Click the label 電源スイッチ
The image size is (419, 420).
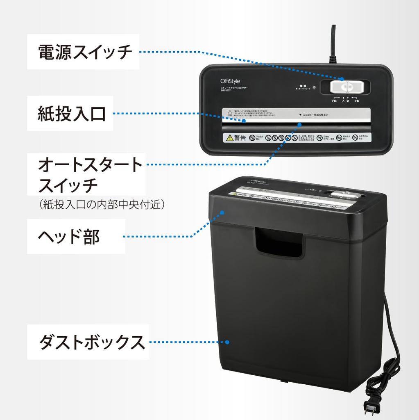85,52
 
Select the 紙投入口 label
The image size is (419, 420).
72,113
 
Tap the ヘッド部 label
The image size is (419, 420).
69,237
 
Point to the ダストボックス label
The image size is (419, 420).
92,342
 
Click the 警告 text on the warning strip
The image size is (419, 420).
240,138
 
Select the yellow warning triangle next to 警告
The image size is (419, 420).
229,138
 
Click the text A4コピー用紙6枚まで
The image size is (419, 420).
316,115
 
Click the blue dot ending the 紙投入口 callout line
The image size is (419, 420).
245,121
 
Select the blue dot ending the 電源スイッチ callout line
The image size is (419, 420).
342,79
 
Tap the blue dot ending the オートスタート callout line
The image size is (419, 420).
299,124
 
